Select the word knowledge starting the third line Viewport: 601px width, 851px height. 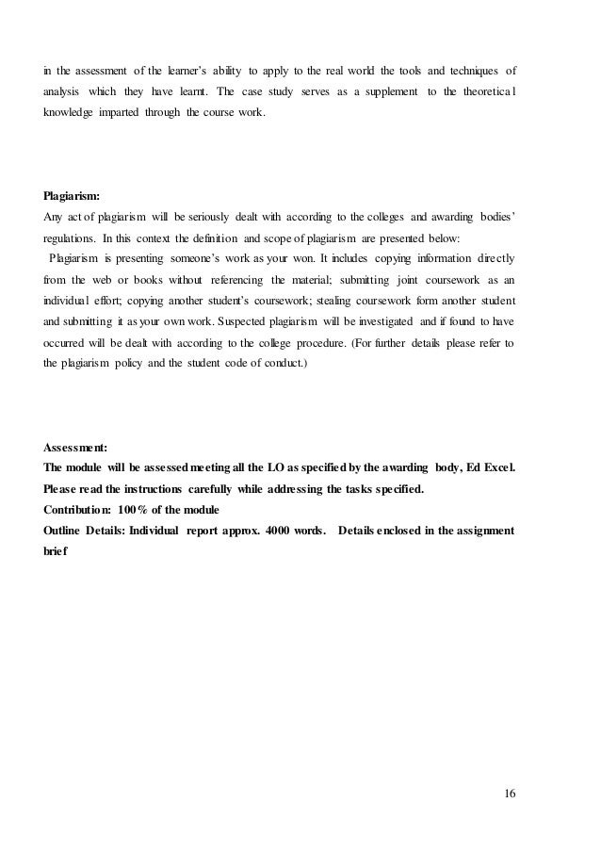pyautogui.click(x=68, y=113)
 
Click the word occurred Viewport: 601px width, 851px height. pyautogui.click(x=67, y=342)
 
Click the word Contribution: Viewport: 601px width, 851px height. pyautogui.click(x=78, y=509)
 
